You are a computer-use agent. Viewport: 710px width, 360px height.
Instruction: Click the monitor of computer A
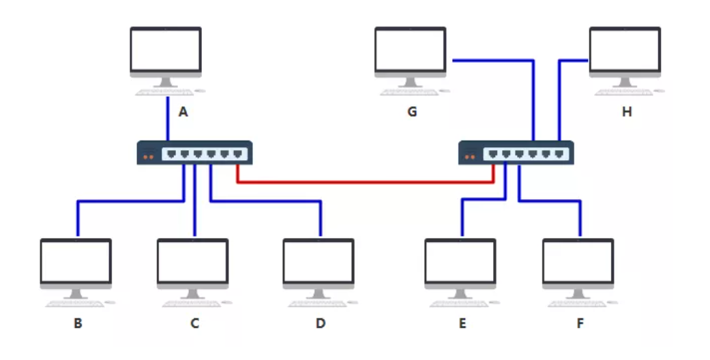point(166,49)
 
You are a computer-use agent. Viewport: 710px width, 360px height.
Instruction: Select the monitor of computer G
point(410,49)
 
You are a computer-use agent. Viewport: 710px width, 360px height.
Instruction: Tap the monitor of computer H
point(625,49)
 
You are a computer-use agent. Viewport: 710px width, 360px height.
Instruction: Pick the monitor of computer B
point(76,260)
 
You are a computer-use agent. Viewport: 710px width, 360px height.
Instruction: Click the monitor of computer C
point(192,260)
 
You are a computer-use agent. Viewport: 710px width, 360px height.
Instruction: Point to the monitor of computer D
point(319,260)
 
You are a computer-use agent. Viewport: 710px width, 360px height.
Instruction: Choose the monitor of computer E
point(460,260)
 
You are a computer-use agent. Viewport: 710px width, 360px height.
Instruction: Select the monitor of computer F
point(578,260)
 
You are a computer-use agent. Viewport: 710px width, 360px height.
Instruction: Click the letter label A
point(183,112)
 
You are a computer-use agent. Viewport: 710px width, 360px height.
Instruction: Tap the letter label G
point(412,112)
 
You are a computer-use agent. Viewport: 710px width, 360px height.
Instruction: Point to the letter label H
point(627,112)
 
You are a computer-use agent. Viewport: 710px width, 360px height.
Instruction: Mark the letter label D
point(321,323)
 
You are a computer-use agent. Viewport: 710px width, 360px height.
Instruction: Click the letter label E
point(462,323)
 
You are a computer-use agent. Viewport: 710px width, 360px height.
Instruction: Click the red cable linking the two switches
point(365,183)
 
